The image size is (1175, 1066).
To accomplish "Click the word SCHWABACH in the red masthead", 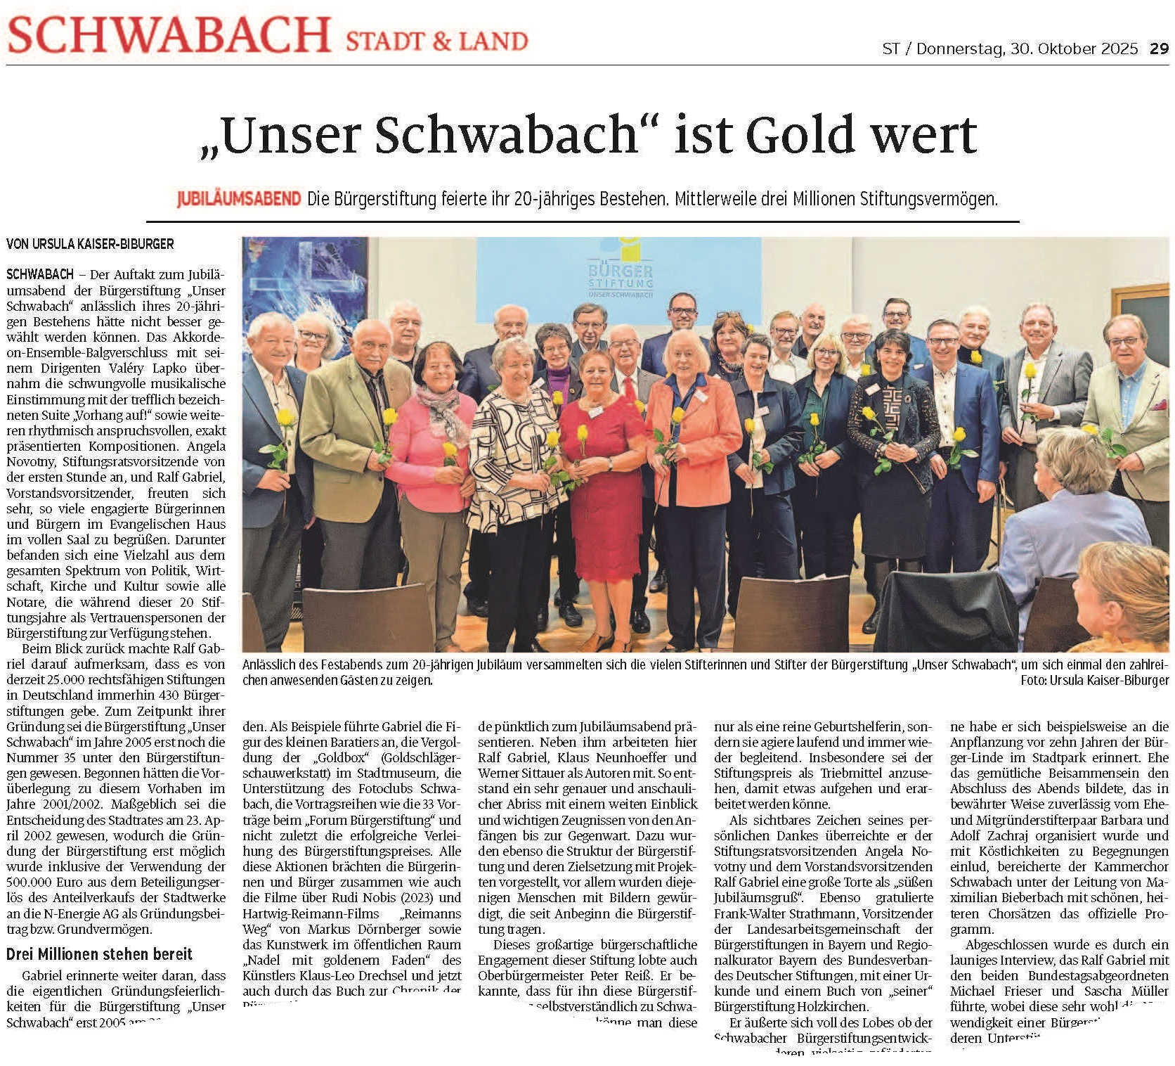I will (169, 35).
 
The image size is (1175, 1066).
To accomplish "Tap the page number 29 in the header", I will (1159, 49).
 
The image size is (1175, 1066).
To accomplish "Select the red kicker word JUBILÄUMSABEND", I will (239, 200).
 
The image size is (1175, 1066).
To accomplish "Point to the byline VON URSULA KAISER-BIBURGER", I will (90, 244).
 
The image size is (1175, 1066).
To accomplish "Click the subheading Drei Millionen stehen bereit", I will (99, 954).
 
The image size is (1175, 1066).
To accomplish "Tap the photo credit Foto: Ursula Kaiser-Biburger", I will (1095, 680).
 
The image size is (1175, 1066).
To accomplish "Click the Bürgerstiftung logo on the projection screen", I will (621, 271).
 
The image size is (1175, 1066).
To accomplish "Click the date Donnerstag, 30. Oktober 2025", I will (1027, 49).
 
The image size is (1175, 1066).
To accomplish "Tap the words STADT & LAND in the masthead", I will (436, 41).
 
